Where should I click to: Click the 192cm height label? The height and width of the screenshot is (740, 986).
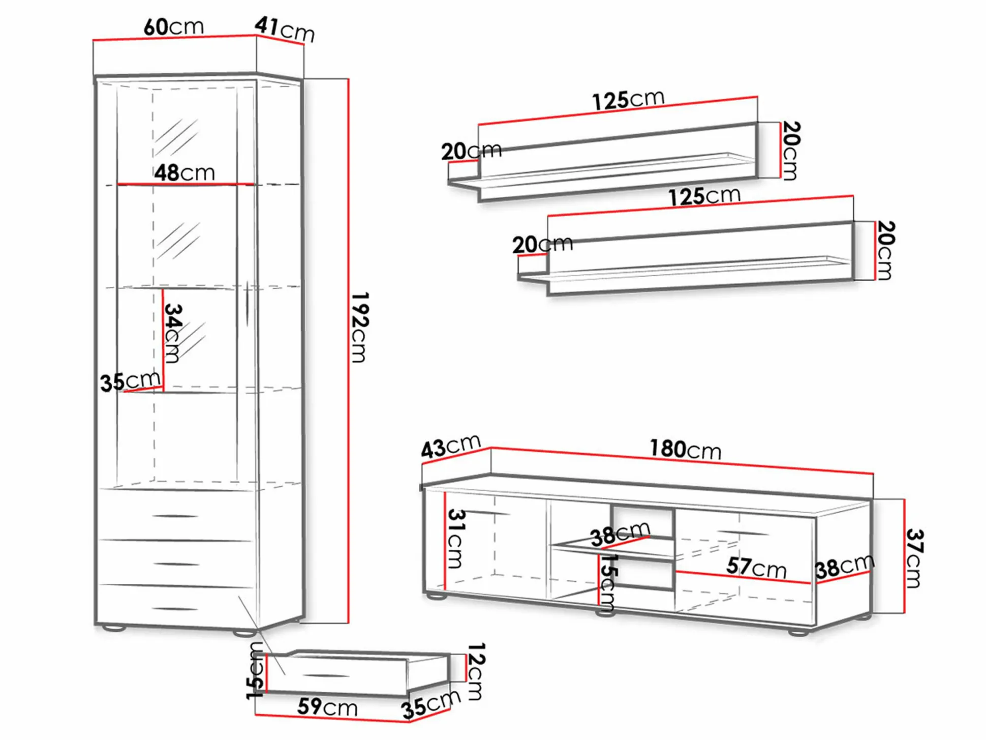pyautogui.click(x=360, y=327)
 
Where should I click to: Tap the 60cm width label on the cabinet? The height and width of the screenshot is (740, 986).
pyautogui.click(x=174, y=27)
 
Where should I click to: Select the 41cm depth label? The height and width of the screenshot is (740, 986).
pyautogui.click(x=285, y=29)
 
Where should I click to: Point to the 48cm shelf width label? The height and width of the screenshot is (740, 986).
pyautogui.click(x=185, y=173)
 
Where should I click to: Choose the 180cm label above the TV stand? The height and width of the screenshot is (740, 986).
pyautogui.click(x=686, y=450)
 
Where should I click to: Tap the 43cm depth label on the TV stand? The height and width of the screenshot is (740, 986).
pyautogui.click(x=451, y=447)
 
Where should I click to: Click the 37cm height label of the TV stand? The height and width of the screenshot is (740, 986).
pyautogui.click(x=914, y=558)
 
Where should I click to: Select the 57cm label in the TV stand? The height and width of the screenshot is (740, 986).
pyautogui.click(x=756, y=567)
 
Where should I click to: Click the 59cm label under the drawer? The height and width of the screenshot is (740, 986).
pyautogui.click(x=327, y=707)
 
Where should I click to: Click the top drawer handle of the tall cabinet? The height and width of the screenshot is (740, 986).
pyautogui.click(x=175, y=516)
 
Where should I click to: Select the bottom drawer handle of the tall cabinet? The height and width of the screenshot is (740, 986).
pyautogui.click(x=175, y=608)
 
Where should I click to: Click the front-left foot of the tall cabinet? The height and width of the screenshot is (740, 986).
pyautogui.click(x=114, y=629)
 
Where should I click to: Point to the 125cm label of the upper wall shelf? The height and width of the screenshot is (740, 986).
pyautogui.click(x=629, y=100)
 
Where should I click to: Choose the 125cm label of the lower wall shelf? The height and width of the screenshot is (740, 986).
pyautogui.click(x=704, y=196)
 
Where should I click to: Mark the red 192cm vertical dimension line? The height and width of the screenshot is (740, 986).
pyautogui.click(x=348, y=351)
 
